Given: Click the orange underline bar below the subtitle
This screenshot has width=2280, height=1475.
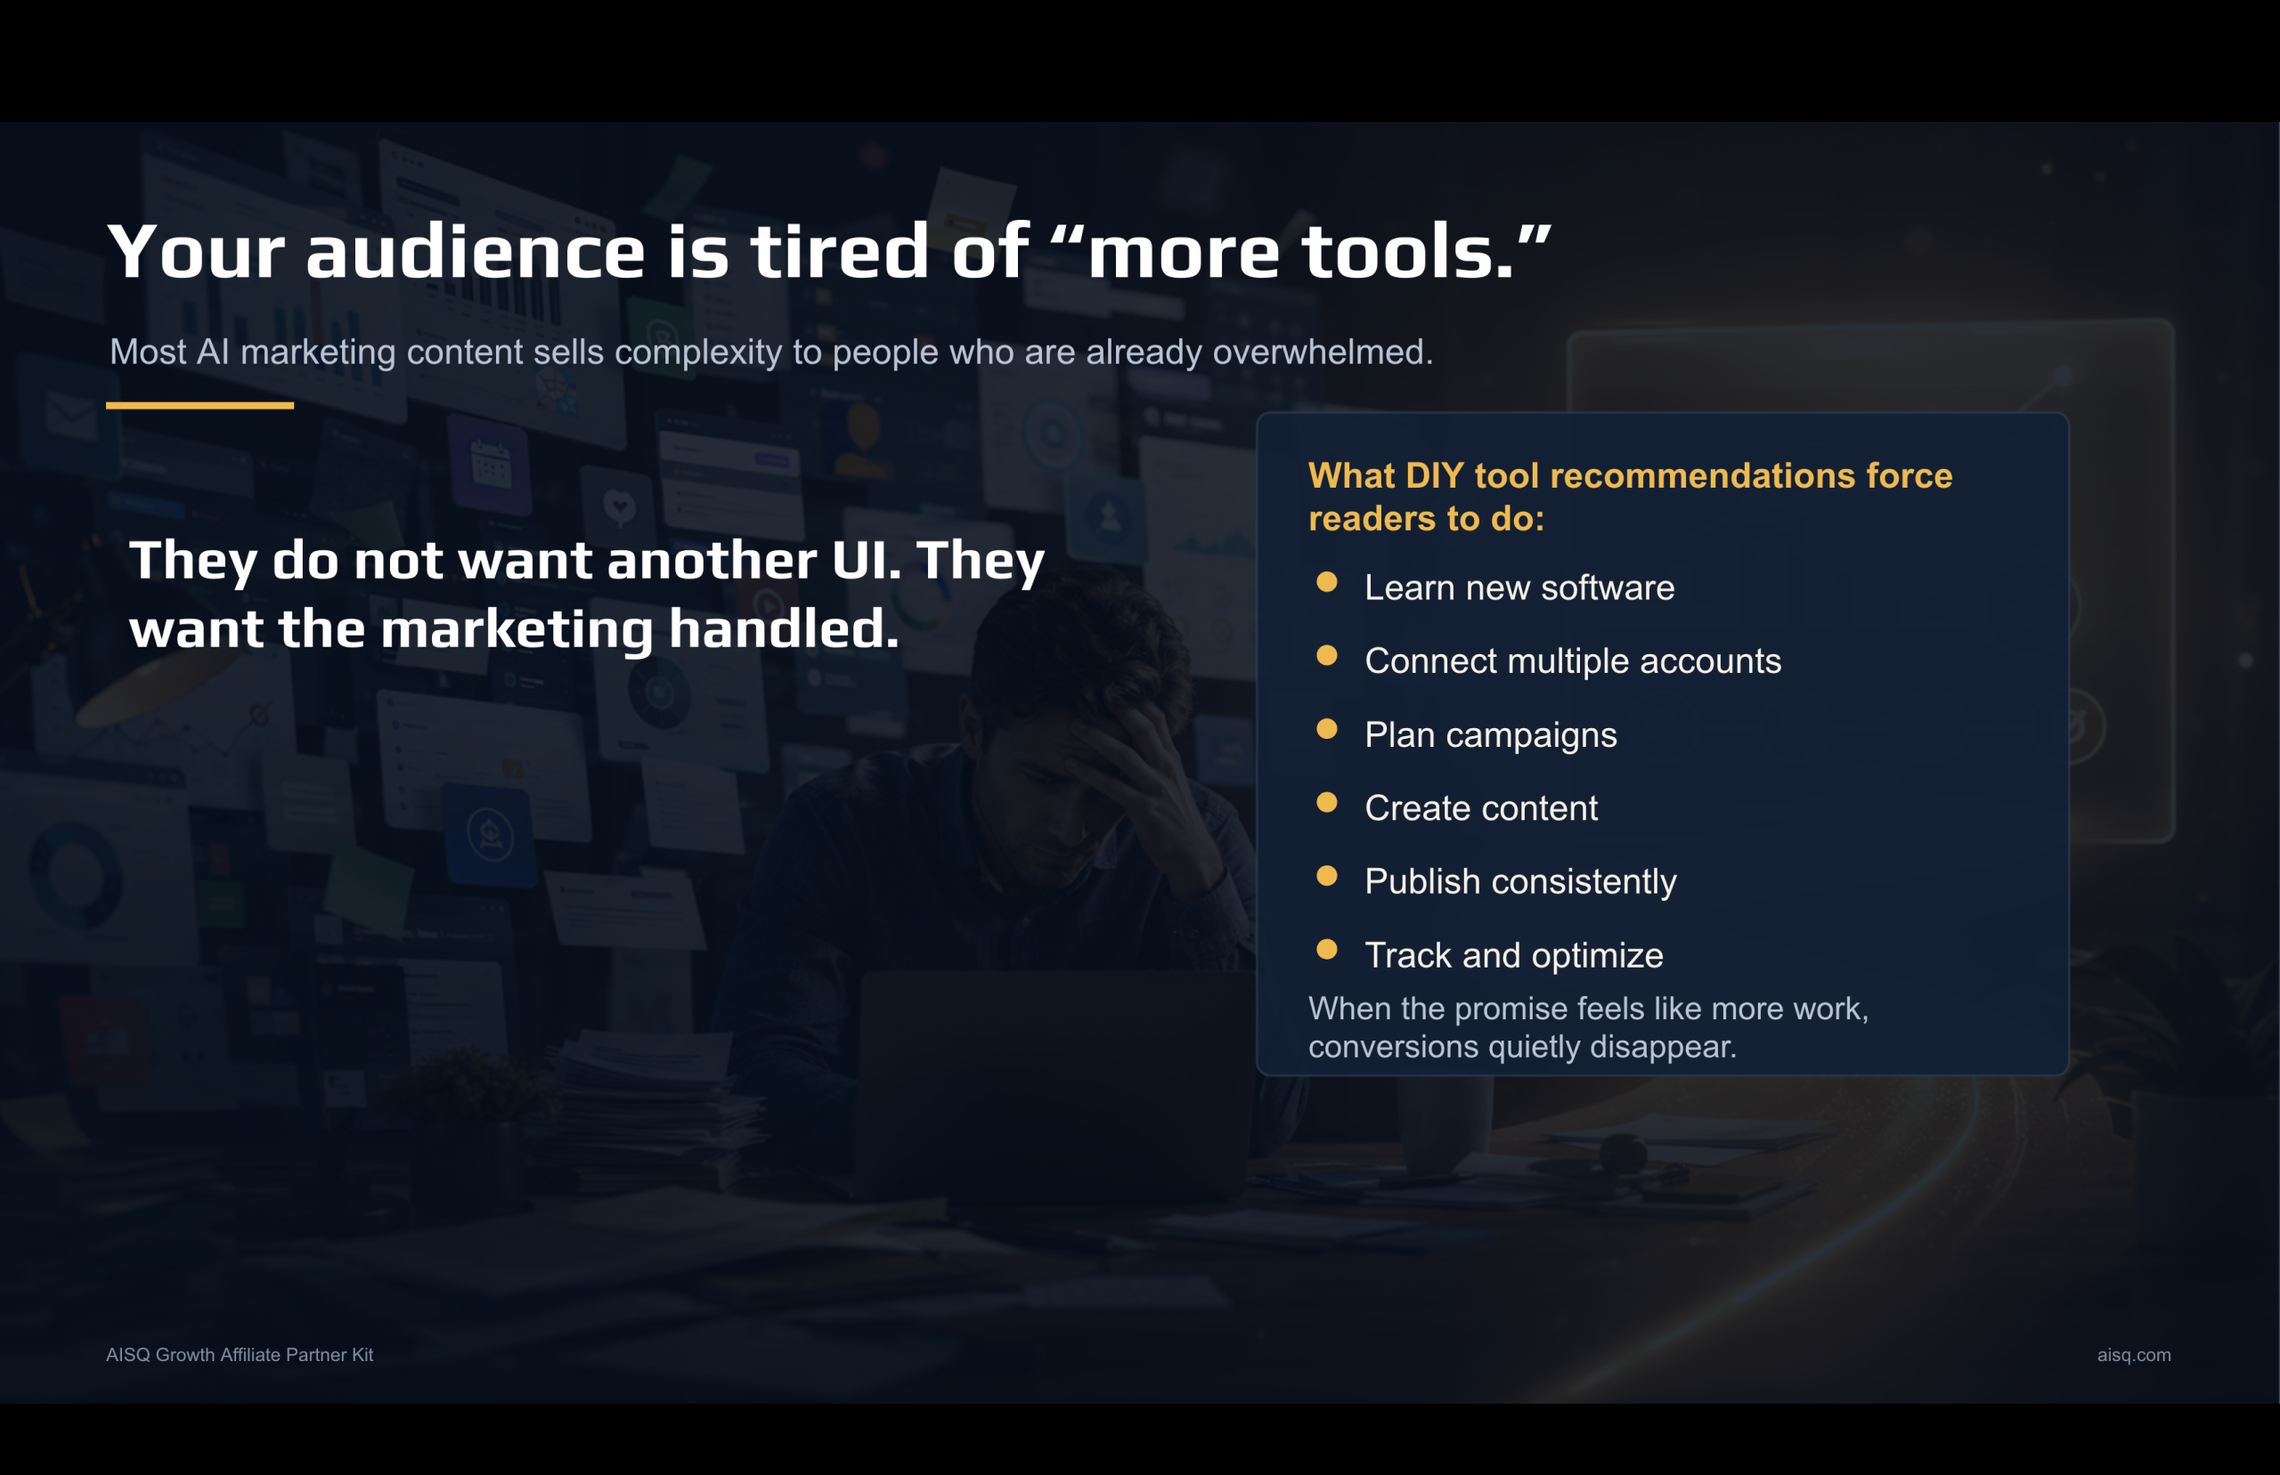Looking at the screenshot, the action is pos(199,405).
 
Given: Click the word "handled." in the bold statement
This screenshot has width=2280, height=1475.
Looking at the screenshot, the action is pos(784,629).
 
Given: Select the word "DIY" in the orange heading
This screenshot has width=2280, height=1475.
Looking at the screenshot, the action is pos(1434,475).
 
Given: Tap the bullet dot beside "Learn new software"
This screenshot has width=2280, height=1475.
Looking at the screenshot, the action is pos(1327,582).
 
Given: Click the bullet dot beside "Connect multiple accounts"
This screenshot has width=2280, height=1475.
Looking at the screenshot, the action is pos(1327,655).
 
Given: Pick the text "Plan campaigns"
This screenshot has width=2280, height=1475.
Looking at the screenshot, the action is pos(1491,734).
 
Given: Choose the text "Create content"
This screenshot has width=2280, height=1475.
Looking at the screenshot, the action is pos(1481,807).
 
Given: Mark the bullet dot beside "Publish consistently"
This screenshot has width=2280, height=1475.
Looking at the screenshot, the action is pos(1327,875).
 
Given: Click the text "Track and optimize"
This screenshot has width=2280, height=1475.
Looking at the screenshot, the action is pos(1513,955).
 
